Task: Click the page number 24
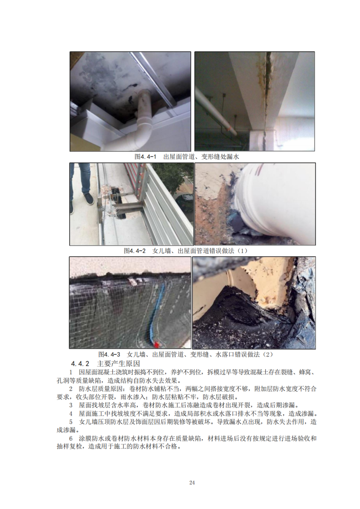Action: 192,482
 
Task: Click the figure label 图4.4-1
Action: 145,157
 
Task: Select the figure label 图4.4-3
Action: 109,354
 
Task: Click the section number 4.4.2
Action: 80,363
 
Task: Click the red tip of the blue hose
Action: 158,344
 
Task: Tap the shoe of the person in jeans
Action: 88,199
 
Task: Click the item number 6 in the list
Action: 71,438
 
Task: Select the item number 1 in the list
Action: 71,372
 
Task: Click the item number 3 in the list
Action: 71,405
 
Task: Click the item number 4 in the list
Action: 71,414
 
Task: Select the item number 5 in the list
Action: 71,422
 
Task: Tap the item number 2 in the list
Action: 71,389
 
